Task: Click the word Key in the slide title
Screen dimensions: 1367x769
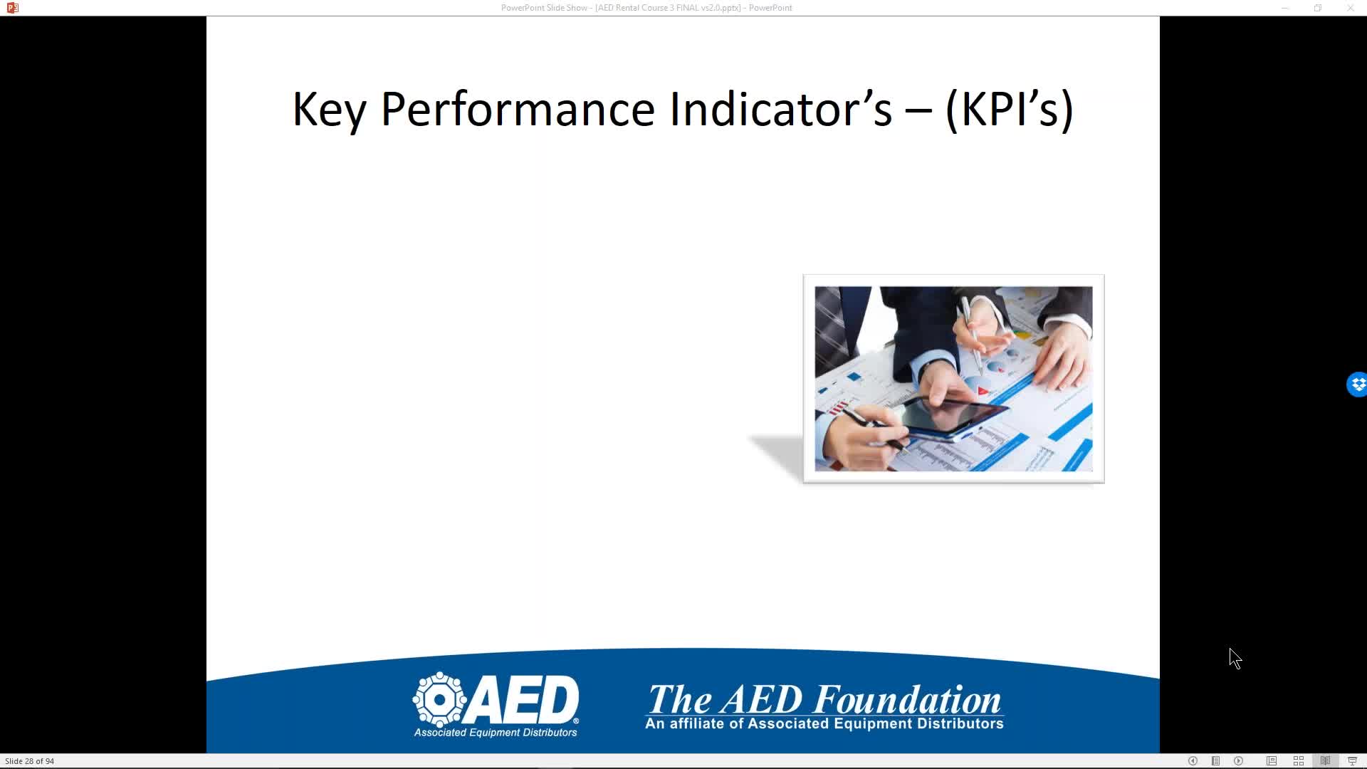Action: tap(329, 110)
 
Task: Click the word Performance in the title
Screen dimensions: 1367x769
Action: tap(518, 110)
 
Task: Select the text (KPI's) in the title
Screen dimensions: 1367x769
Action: tap(1009, 110)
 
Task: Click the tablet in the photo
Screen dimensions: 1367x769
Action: tap(954, 417)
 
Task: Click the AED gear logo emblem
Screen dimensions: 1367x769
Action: tap(440, 699)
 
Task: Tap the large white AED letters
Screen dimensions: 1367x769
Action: tap(523, 699)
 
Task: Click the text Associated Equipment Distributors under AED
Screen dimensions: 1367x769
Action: tap(496, 733)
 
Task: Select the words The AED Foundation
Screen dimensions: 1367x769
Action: tap(824, 699)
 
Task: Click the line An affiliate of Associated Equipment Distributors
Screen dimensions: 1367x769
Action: tap(824, 724)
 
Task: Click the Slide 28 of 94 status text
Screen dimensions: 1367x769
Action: tap(29, 761)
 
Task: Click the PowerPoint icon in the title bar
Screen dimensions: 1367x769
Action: tap(12, 8)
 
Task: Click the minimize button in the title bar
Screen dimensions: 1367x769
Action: tap(1285, 8)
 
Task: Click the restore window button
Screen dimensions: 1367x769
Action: tap(1318, 8)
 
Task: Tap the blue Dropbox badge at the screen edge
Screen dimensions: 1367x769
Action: tap(1357, 384)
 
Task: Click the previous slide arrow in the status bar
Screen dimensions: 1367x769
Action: tap(1193, 761)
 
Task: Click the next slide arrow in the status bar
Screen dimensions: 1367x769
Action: tap(1239, 761)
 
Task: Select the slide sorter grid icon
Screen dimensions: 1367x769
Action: tap(1299, 761)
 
